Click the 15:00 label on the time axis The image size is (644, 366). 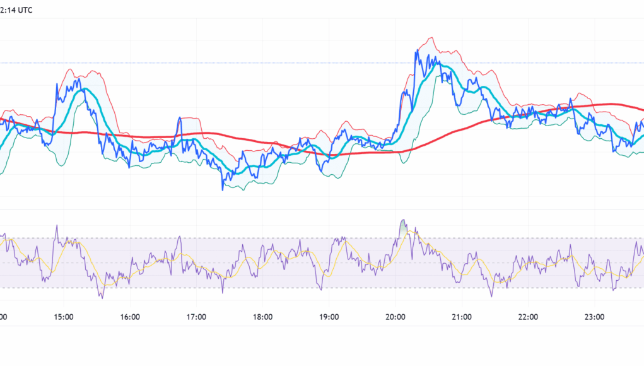63,317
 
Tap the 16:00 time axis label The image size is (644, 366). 129,317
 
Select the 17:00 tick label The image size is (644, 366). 196,317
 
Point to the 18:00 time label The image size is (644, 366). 262,317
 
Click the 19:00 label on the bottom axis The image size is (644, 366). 329,317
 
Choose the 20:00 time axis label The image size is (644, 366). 395,317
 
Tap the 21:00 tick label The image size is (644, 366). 462,317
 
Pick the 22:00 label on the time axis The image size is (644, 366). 528,317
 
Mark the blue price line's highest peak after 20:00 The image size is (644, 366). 417,50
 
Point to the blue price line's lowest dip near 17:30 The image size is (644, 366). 223,189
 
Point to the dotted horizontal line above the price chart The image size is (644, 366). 315,62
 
